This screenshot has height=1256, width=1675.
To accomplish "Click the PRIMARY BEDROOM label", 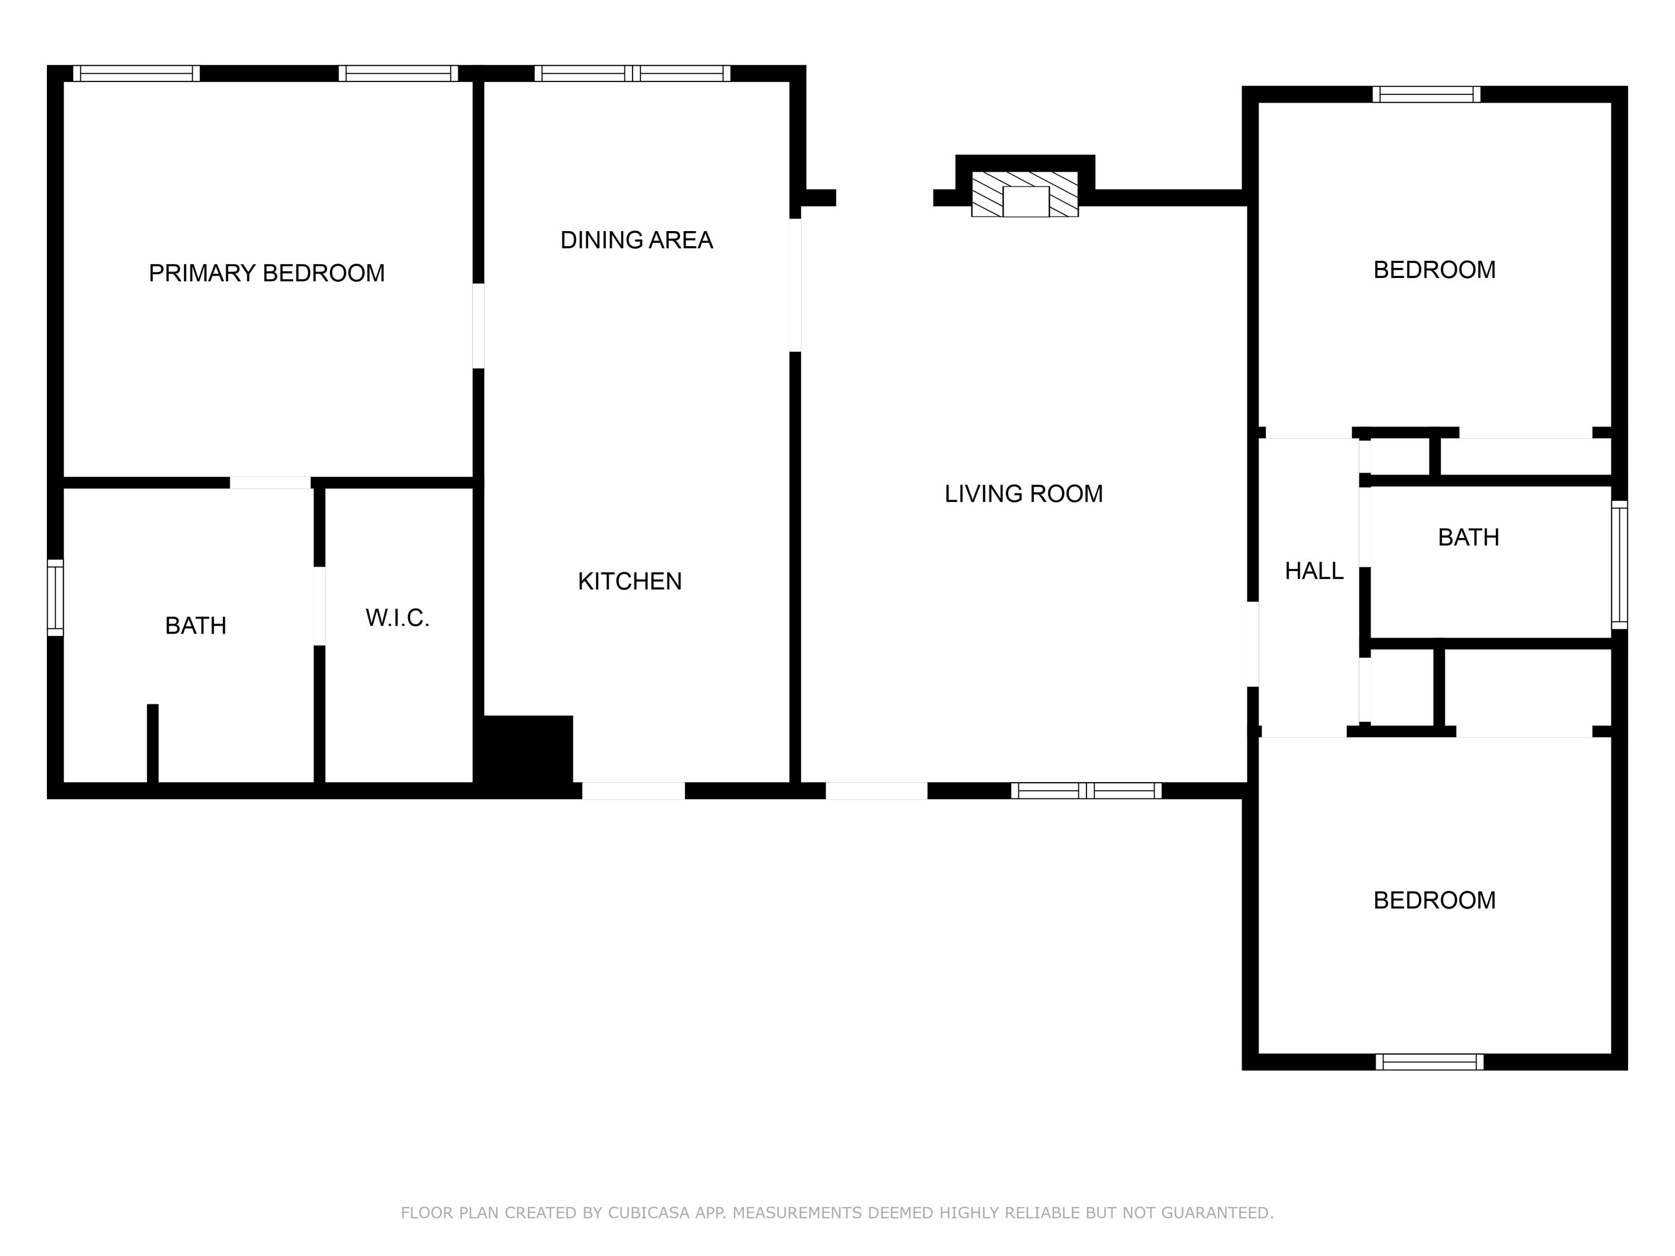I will pos(266,272).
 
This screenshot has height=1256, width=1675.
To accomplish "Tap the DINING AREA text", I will pos(636,240).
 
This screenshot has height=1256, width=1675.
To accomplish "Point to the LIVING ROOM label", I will pos(1023,493).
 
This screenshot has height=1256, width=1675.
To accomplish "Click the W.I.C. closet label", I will pos(398,618).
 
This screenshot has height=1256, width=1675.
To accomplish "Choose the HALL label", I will pos(1314,571).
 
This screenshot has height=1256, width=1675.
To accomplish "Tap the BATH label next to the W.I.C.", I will pos(195,625).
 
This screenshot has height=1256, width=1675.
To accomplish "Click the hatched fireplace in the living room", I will pos(1025,194).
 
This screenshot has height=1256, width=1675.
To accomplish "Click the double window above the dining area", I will pos(632,74).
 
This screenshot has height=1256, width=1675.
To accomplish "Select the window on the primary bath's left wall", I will pos(55,597).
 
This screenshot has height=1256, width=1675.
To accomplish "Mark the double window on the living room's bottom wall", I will pos(1086,791).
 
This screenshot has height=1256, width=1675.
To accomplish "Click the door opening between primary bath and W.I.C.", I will pos(319,606).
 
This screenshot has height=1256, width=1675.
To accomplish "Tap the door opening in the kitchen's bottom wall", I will pos(633,791).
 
